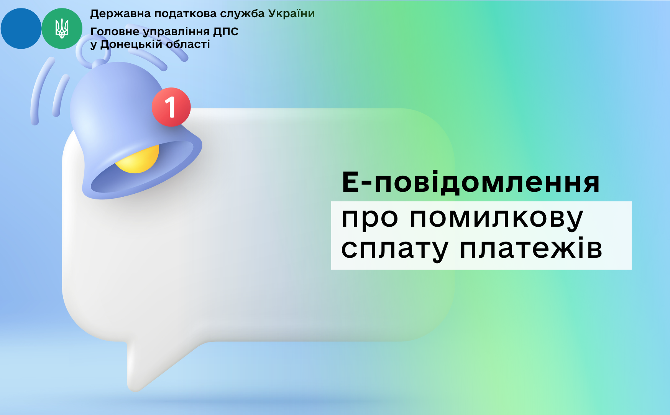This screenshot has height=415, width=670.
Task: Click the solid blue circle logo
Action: pyautogui.click(x=21, y=28)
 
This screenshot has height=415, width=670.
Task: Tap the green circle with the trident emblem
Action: pyautogui.click(x=62, y=28)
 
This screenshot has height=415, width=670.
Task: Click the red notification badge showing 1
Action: pyautogui.click(x=171, y=107)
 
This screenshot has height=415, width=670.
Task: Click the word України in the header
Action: pyautogui.click(x=291, y=14)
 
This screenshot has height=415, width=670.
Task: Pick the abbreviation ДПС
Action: pyautogui.click(x=226, y=32)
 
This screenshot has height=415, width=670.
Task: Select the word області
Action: pyautogui.click(x=188, y=44)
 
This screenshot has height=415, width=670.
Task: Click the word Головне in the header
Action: pyautogui.click(x=115, y=31)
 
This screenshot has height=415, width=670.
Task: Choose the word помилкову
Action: pyautogui.click(x=496, y=219)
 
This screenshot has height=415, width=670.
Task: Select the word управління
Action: pyautogui.click(x=176, y=32)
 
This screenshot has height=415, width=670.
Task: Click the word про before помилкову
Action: pyautogui.click(x=370, y=219)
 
